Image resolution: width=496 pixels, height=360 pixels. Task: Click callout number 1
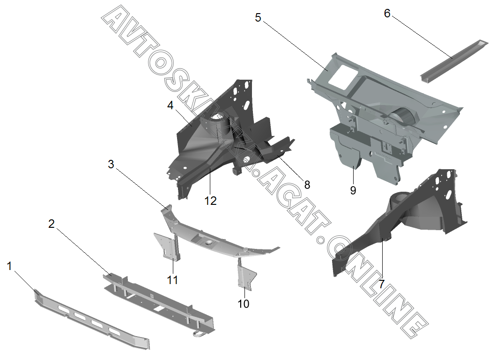9,266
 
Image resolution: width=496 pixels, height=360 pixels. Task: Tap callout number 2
52,224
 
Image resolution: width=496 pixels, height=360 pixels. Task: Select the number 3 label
111,165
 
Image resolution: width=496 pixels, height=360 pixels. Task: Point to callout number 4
170,106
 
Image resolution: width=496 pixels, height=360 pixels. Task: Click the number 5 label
258,18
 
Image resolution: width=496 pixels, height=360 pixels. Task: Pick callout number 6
387,14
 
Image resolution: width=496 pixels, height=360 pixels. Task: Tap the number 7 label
382,284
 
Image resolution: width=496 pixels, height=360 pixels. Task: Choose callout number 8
307,185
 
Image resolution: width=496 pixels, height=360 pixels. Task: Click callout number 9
353,190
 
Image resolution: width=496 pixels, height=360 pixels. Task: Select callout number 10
243,304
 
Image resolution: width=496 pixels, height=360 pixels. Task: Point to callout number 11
173,280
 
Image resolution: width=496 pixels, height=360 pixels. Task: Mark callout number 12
210,201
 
